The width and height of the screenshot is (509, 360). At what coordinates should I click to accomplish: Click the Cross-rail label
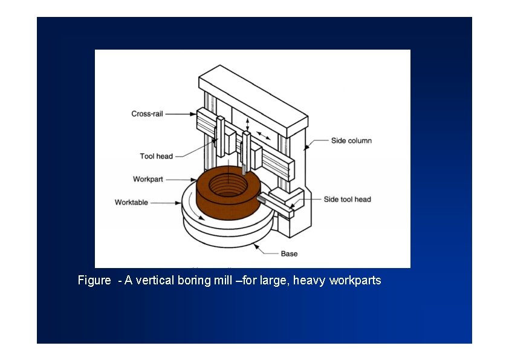click(x=148, y=114)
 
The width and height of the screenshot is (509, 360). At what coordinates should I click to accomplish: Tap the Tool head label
click(x=156, y=156)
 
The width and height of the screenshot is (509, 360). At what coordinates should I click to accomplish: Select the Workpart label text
click(x=148, y=179)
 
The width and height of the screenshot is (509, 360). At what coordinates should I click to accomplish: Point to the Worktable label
click(x=131, y=202)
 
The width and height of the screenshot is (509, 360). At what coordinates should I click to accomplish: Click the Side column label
click(x=351, y=141)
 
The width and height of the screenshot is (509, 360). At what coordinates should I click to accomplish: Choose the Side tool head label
click(x=347, y=199)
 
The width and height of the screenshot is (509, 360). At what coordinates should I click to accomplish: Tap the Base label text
click(x=289, y=254)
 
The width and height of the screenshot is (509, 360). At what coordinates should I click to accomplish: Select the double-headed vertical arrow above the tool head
click(x=247, y=123)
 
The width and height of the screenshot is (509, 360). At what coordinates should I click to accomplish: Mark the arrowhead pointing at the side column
click(x=306, y=145)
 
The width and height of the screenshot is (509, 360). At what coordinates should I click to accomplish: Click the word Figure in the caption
click(x=94, y=281)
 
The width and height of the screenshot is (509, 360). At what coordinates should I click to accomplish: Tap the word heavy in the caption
click(x=310, y=281)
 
